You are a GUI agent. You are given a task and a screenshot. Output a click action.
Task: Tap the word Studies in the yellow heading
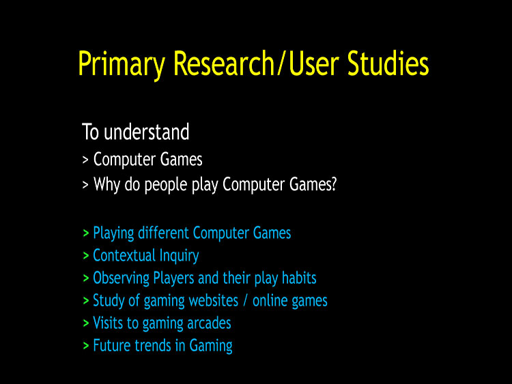(x=388, y=63)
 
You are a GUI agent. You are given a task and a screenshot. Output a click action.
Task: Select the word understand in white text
(x=147, y=132)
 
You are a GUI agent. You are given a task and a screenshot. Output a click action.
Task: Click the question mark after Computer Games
(x=333, y=183)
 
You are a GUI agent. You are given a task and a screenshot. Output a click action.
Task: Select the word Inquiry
(x=180, y=256)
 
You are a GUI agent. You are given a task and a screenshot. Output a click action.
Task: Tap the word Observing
(x=121, y=278)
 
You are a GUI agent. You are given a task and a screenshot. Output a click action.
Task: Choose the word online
(x=270, y=300)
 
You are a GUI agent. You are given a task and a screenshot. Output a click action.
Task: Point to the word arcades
(x=209, y=323)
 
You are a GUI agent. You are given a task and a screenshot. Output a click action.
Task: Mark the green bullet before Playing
(x=86, y=233)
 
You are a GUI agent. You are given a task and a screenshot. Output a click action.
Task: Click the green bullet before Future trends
(x=86, y=346)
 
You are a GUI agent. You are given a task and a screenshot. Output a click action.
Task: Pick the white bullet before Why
(x=85, y=185)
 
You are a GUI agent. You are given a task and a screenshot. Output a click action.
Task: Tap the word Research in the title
(x=224, y=63)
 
